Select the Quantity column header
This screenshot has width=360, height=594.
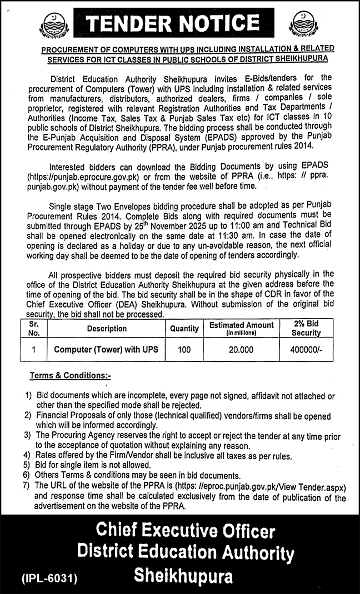pyautogui.click(x=184, y=329)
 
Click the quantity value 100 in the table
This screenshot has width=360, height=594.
pyautogui.click(x=184, y=350)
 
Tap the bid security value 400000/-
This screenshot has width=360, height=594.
pyautogui.click(x=306, y=350)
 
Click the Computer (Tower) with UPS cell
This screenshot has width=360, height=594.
pyautogui.click(x=106, y=350)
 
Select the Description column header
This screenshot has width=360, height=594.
pyautogui.click(x=107, y=329)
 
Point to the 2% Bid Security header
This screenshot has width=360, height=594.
pyautogui.click(x=306, y=329)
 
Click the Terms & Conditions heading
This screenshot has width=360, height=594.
pyautogui.click(x=70, y=376)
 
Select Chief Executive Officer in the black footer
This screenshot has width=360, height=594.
pyautogui.click(x=186, y=531)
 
